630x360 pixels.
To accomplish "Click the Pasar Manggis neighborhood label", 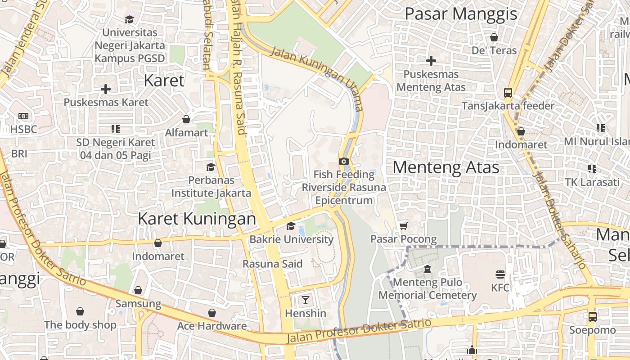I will click(x=461, y=14).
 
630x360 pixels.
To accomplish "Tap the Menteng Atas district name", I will click(x=446, y=167).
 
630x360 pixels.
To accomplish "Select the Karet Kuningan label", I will click(x=197, y=219).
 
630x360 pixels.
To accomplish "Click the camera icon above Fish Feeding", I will click(x=344, y=161).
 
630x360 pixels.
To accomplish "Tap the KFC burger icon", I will click(x=500, y=274).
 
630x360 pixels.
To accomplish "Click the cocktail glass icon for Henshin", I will click(x=306, y=300).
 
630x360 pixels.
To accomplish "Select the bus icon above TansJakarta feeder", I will click(x=508, y=93).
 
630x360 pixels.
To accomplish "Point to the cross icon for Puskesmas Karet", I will click(x=106, y=89).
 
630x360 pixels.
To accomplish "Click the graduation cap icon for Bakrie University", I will click(x=291, y=226).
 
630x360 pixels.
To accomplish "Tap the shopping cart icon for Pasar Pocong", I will click(x=403, y=226).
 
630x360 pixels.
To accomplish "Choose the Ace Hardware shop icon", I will click(x=211, y=313).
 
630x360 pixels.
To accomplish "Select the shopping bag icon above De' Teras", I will click(x=494, y=37).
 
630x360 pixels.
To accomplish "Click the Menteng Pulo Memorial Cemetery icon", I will click(x=427, y=269).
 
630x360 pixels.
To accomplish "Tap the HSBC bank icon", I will click(x=23, y=116).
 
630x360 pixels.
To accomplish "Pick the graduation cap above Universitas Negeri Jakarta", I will click(x=130, y=19).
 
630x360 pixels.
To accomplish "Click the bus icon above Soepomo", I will click(x=593, y=316).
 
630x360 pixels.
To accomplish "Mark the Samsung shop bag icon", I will click(x=138, y=290).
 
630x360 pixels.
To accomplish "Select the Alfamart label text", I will click(x=186, y=133).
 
